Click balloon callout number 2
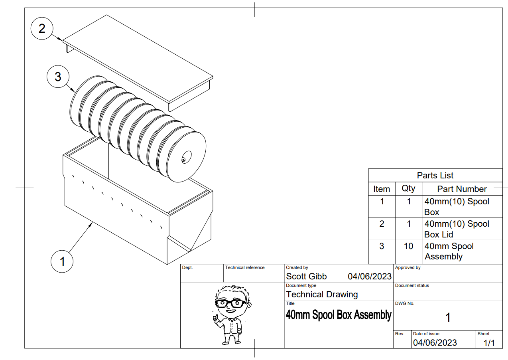[42, 29]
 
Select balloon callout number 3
[58, 76]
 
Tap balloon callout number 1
[62, 261]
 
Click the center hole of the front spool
[186, 156]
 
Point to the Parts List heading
[435, 175]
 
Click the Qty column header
[408, 188]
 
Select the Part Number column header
[462, 189]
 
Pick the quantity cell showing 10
[408, 246]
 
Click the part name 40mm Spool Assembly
[449, 251]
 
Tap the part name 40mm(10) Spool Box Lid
[457, 229]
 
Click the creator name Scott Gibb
[306, 276]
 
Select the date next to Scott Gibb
[370, 276]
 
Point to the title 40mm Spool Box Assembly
[339, 315]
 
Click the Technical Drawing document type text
[322, 295]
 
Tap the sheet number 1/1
[489, 343]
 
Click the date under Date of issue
[435, 343]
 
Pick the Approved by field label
[408, 267]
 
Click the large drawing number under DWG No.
[448, 318]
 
